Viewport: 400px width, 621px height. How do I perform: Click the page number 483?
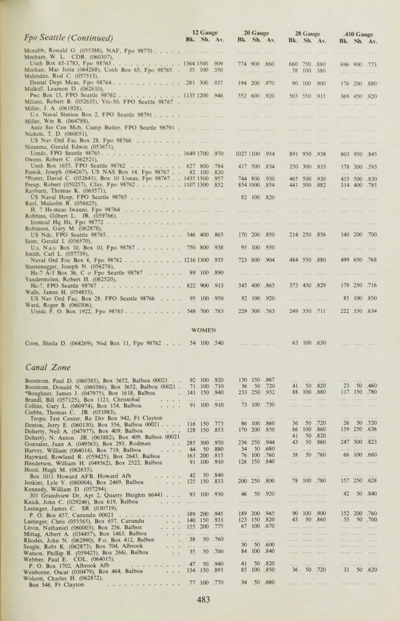(x=203, y=600)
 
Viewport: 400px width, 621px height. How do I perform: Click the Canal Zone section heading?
(x=48, y=368)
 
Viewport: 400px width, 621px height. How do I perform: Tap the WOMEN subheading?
(x=203, y=330)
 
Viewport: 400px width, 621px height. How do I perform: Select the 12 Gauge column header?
(x=205, y=33)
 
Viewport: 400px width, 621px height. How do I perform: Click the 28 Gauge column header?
(x=307, y=34)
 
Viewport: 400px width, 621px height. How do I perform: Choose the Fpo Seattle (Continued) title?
(x=69, y=37)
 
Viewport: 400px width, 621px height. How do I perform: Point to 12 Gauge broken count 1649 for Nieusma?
(x=190, y=154)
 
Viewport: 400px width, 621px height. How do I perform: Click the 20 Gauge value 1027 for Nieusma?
(x=242, y=154)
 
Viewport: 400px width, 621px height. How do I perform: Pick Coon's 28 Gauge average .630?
(x=321, y=343)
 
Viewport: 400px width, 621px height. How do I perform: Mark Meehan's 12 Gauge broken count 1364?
(x=190, y=64)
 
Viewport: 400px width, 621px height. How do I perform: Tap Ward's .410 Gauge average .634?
(x=372, y=311)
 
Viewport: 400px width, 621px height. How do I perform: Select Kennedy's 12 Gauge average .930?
(x=218, y=494)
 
